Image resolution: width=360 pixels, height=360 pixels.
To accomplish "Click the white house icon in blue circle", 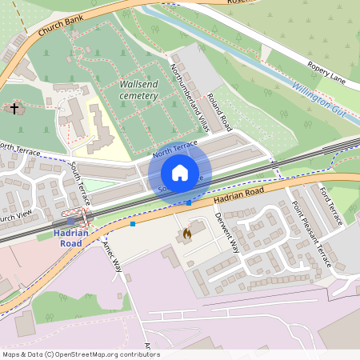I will (180, 173).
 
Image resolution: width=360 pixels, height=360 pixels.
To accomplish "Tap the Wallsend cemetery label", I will (138, 89).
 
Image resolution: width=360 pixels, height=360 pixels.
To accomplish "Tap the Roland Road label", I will (219, 113).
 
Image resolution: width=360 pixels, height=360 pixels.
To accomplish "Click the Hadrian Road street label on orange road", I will (239, 193).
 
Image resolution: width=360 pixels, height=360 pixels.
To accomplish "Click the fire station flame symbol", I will (186, 234).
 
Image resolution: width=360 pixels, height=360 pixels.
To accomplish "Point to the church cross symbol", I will (14, 107).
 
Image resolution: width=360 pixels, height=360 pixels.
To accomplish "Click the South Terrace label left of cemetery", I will (80, 182).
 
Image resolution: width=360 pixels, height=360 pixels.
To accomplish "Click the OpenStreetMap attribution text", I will (80, 354).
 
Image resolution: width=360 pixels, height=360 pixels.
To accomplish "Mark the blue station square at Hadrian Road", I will (71, 221).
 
